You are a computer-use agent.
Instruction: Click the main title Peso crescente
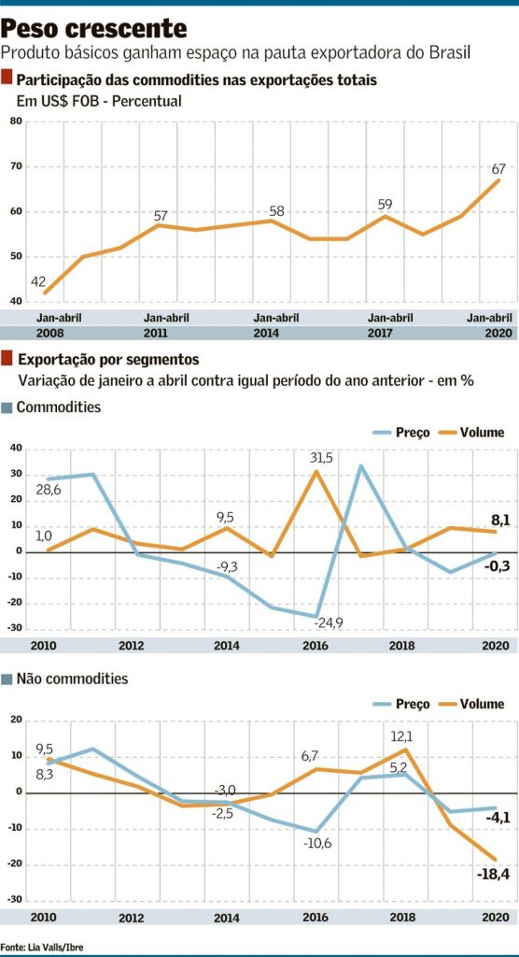pyautogui.click(x=94, y=28)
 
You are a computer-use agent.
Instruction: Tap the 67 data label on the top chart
pyautogui.click(x=499, y=168)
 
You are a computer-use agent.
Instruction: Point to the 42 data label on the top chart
pyautogui.click(x=38, y=282)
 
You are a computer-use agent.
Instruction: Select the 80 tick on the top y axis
pyautogui.click(x=16, y=122)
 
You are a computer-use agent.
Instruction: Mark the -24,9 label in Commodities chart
pyautogui.click(x=329, y=623)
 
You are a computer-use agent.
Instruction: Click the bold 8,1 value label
pyautogui.click(x=499, y=520)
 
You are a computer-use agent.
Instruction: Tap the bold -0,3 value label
pyautogui.click(x=497, y=567)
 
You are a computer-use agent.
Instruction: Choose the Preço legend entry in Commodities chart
pyautogui.click(x=401, y=432)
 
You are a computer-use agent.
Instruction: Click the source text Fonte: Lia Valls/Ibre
pyautogui.click(x=42, y=948)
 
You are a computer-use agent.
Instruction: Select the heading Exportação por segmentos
pyautogui.click(x=108, y=359)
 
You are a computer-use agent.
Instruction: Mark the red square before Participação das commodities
pyautogui.click(x=7, y=79)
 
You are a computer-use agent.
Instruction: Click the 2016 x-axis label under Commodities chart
pyautogui.click(x=315, y=646)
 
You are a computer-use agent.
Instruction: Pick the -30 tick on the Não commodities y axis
pyautogui.click(x=15, y=900)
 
